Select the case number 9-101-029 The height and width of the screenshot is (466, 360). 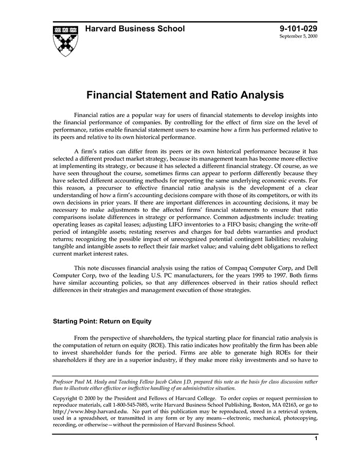[x=299, y=29]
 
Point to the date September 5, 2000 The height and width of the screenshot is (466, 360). [x=299, y=38]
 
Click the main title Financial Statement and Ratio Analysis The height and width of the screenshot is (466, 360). [x=185, y=95]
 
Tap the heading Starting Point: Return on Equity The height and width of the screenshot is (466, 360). [x=102, y=321]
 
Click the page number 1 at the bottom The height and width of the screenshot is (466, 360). [x=316, y=438]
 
